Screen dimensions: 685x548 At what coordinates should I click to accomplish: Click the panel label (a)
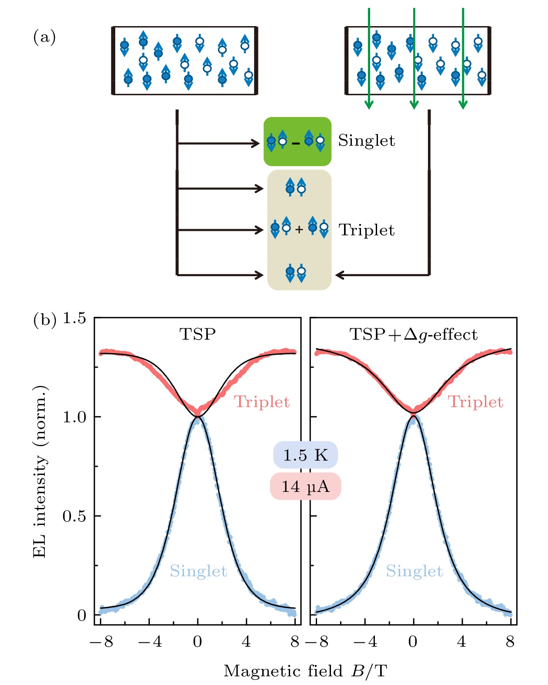pos(44,38)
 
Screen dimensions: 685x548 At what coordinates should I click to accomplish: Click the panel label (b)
pos(44,320)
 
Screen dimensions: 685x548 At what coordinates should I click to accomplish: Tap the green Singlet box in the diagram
pos(297,141)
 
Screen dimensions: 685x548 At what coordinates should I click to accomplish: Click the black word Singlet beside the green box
pos(367,141)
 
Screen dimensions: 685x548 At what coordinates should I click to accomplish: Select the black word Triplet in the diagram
pos(367,230)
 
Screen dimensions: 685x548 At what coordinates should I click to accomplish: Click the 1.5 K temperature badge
pos(305,455)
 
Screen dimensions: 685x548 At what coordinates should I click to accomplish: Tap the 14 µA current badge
pos(305,486)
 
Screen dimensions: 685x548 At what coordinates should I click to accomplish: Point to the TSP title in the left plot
pos(197,334)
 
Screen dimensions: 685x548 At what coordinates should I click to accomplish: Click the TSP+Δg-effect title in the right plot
pos(414,334)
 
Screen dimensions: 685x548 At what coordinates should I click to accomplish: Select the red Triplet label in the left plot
pos(262,402)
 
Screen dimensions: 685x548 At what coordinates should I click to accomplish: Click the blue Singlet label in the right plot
pos(414,571)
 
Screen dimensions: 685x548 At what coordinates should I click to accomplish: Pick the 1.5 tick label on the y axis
pos(74,318)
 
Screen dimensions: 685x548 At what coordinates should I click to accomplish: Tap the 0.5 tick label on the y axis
pos(74,516)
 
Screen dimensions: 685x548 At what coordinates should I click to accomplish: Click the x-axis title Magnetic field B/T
pos(305,671)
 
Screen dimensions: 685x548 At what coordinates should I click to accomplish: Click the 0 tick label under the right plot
pos(413,642)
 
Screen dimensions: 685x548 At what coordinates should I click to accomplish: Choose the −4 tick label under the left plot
pos(150,642)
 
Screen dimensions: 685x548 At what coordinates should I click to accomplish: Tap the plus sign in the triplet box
pos(299,229)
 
